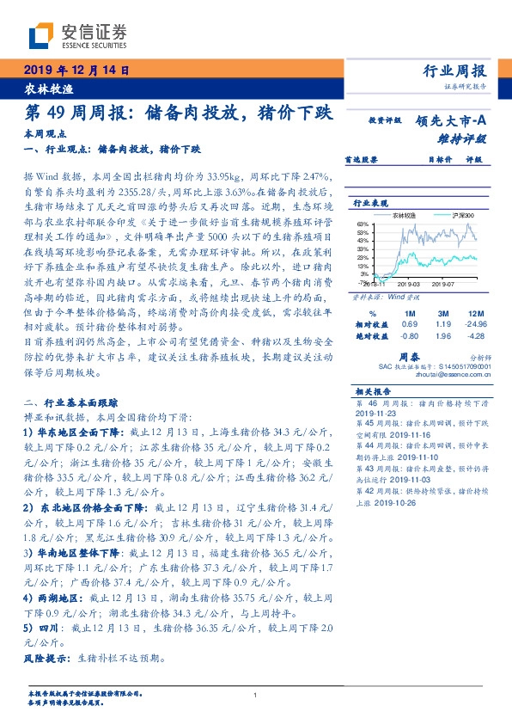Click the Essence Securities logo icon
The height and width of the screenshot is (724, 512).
pos(41,35)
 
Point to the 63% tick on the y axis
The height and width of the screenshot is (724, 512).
pos(364,224)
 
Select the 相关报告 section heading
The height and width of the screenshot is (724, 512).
pos(371,390)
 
